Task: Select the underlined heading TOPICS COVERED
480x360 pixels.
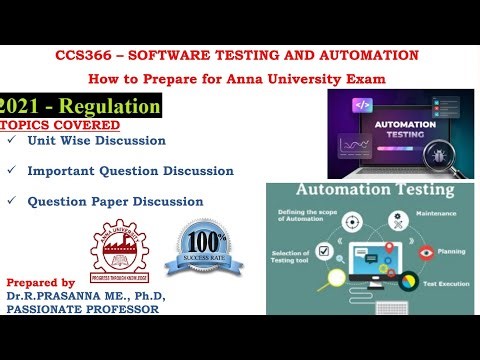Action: pos(60,125)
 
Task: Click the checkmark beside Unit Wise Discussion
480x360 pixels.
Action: pos(11,141)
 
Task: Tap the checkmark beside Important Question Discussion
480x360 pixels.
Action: pos(11,171)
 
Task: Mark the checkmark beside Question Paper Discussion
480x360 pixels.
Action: pos(11,201)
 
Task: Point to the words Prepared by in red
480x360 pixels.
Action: pos(41,283)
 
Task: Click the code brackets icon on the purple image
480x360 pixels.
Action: pos(363,105)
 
